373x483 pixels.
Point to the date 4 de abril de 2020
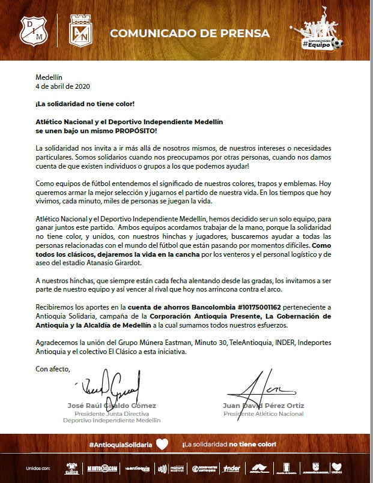(x=61, y=86)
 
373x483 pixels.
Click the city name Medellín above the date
(x=49, y=77)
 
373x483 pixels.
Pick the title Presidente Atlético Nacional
(x=262, y=414)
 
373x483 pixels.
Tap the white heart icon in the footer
(x=161, y=444)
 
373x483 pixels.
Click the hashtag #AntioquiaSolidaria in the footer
(x=120, y=445)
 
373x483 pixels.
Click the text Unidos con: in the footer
(x=38, y=467)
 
